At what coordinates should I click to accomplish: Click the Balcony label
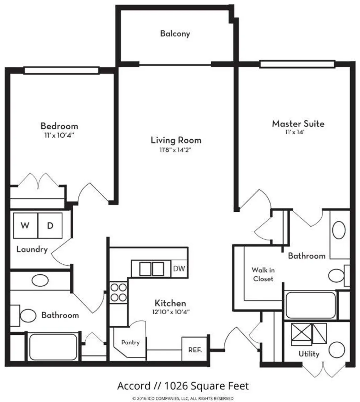click(x=175, y=33)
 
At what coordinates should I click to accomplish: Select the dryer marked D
click(x=50, y=225)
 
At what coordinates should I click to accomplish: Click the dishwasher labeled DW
click(x=179, y=269)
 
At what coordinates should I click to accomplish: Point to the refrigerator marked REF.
click(x=195, y=350)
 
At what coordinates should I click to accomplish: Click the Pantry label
click(x=130, y=342)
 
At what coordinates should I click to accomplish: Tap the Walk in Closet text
click(x=263, y=274)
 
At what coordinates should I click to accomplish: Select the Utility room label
click(x=309, y=354)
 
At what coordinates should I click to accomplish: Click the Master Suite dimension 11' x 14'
click(x=295, y=132)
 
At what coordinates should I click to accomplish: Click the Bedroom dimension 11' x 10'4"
click(x=59, y=135)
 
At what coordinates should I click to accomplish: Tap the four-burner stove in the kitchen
click(x=119, y=292)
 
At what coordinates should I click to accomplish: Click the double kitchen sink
click(x=151, y=269)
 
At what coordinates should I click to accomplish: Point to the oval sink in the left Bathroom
click(x=40, y=281)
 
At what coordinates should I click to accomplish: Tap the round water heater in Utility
click(x=337, y=350)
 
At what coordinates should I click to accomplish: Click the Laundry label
click(x=32, y=250)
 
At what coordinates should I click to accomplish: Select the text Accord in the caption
click(x=133, y=386)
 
